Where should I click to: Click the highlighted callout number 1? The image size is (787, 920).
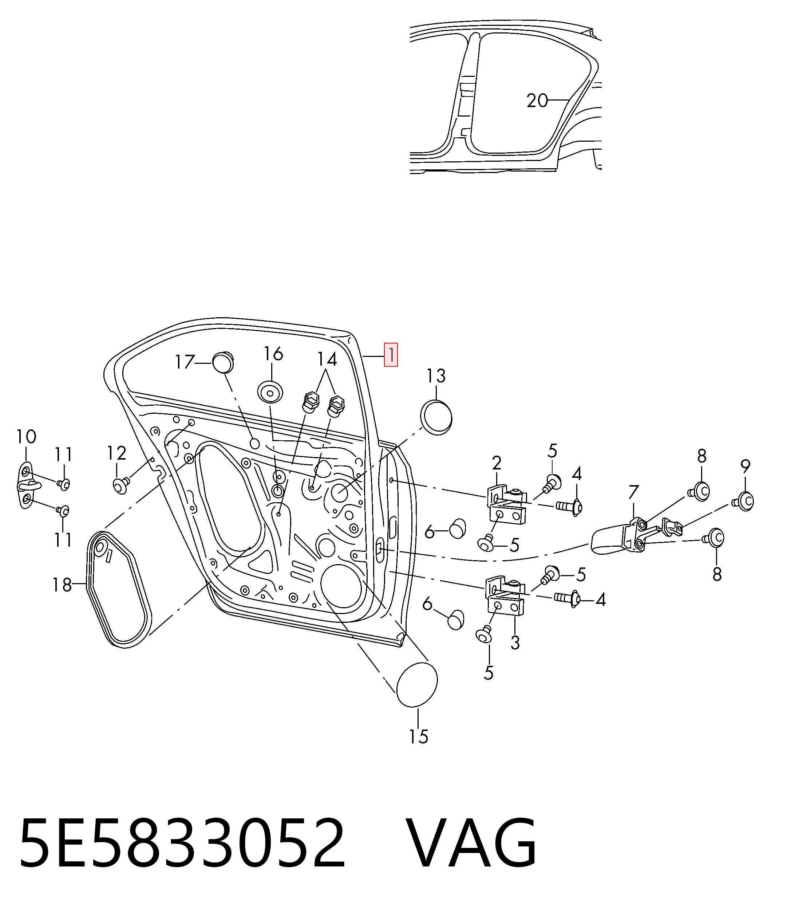[x=391, y=355]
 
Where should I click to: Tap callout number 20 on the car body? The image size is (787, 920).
[x=537, y=101]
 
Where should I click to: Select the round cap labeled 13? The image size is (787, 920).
[x=436, y=417]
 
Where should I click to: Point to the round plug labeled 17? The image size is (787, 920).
[x=223, y=363]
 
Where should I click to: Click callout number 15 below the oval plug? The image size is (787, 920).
[x=418, y=737]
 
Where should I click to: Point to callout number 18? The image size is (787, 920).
[x=62, y=585]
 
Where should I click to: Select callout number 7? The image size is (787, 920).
[x=633, y=492]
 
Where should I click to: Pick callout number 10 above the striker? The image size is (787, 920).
[x=26, y=437]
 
